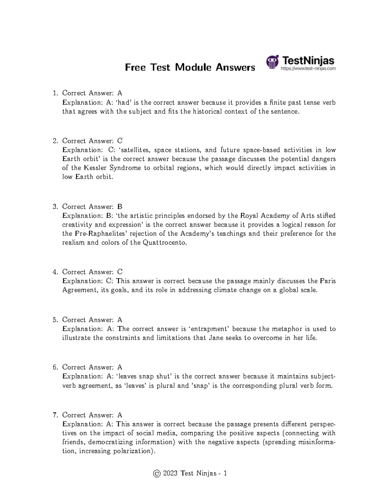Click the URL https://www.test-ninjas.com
[x=308, y=68]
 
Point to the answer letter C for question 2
[x=120, y=141]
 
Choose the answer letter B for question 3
[x=120, y=207]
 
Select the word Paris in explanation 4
[x=328, y=281]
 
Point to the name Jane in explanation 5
[x=216, y=338]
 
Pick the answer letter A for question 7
[x=120, y=415]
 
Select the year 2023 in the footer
[x=170, y=474]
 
